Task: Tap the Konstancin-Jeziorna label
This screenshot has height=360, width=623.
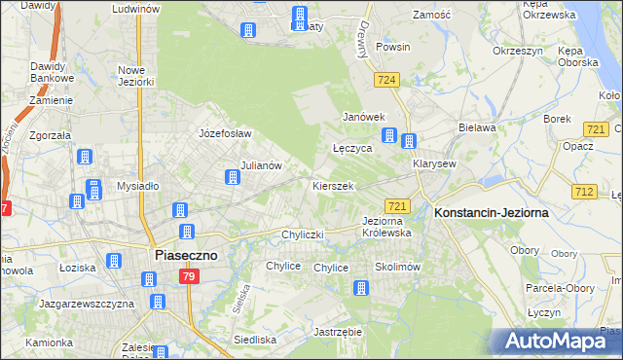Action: click(x=492, y=212)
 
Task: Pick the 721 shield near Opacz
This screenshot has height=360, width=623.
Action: click(x=596, y=128)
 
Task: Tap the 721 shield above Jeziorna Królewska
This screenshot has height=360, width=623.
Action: click(x=397, y=205)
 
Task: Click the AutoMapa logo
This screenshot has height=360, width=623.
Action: click(x=558, y=342)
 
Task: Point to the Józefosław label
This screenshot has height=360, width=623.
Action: click(x=225, y=133)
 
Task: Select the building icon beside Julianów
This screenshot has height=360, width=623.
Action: click(x=233, y=177)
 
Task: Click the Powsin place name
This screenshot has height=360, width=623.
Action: click(x=392, y=47)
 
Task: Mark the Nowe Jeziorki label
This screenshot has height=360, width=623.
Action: click(x=136, y=76)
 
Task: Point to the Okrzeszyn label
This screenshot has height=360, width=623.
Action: click(x=516, y=50)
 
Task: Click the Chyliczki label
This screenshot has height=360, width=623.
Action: click(x=303, y=234)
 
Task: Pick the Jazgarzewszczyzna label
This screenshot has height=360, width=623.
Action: click(x=87, y=304)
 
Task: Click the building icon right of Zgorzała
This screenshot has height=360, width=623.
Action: click(x=85, y=157)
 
